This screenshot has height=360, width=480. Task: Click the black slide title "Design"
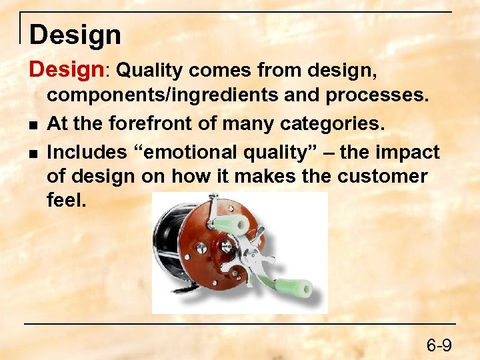(75, 35)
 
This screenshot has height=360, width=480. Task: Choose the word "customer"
(391, 177)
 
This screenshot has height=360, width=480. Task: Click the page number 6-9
(439, 345)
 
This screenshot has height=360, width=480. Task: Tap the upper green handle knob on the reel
(230, 224)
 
